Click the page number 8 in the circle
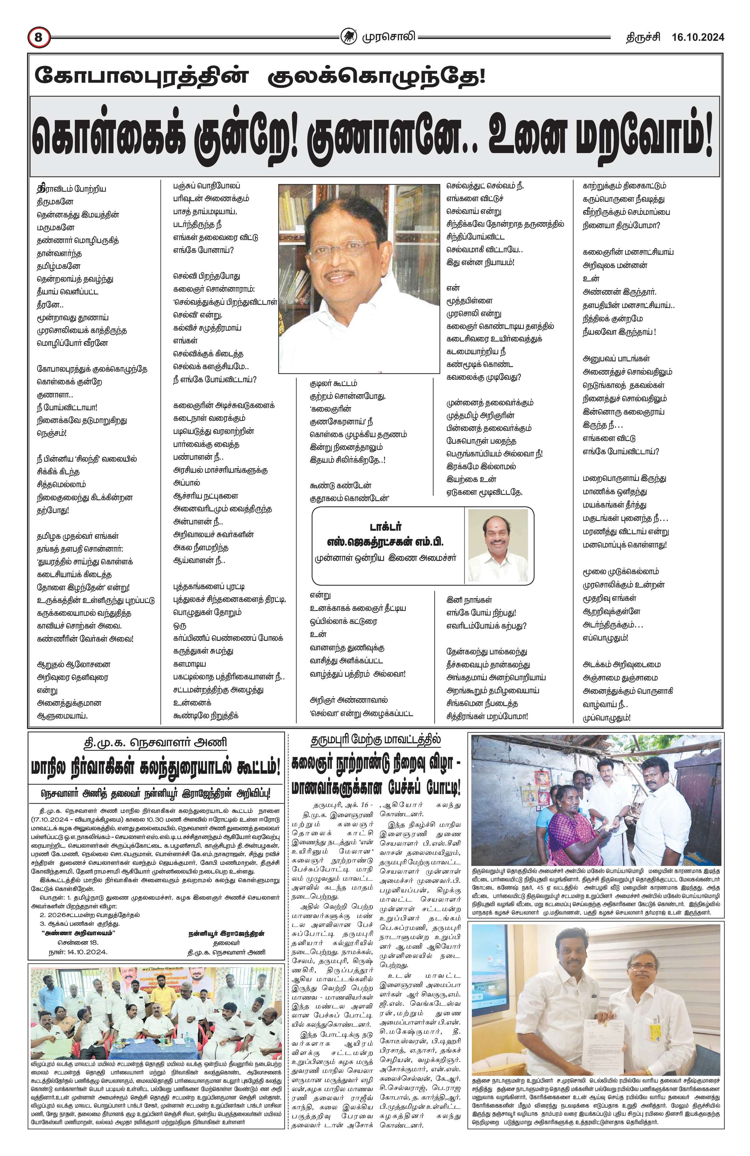(39, 37)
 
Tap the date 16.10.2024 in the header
(698, 37)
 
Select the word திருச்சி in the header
(642, 37)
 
